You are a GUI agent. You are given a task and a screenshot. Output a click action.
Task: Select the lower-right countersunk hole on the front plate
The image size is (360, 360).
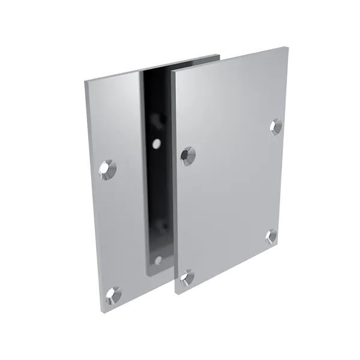pyautogui.click(x=271, y=235)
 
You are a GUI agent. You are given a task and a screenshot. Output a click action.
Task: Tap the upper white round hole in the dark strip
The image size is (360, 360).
pyautogui.click(x=156, y=144)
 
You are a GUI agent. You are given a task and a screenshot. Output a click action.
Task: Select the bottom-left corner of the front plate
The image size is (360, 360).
pyautogui.click(x=176, y=293)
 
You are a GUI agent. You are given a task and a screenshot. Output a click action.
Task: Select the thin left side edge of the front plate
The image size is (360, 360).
pyautogui.click(x=173, y=180)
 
